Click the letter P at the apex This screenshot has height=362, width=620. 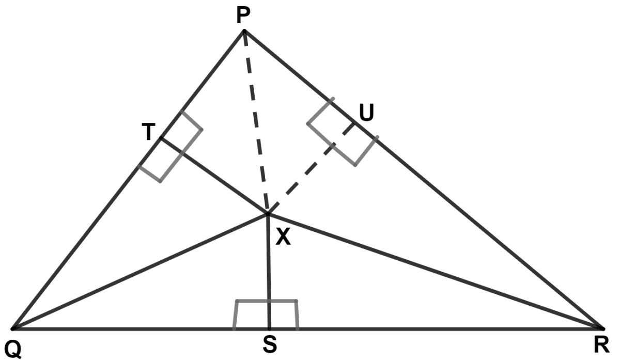click(x=243, y=16)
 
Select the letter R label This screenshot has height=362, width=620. click(x=601, y=345)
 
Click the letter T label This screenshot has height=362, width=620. click(x=149, y=133)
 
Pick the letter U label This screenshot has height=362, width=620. click(x=366, y=113)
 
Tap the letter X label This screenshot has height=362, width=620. click(x=283, y=237)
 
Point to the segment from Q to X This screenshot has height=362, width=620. click(x=139, y=271)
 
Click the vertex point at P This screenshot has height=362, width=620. click(x=244, y=31)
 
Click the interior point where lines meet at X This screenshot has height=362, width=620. click(x=268, y=213)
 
